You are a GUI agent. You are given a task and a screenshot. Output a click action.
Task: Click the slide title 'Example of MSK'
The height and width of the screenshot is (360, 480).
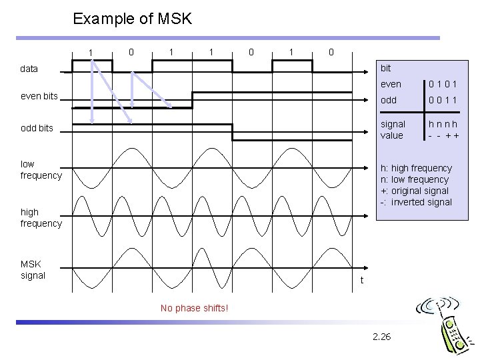point(133,19)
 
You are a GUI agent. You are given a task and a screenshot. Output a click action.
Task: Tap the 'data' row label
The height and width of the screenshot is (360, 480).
point(29,68)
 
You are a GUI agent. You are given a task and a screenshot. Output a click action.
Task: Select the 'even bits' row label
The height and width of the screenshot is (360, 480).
point(39,97)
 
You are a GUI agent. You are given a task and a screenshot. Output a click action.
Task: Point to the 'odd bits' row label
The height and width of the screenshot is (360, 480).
point(37,128)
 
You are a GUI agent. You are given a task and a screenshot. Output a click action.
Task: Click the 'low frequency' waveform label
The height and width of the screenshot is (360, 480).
point(41,169)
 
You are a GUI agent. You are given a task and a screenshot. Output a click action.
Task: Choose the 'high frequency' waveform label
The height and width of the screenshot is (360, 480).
point(41,218)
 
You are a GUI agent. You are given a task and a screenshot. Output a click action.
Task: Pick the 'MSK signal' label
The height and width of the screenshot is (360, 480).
point(33,269)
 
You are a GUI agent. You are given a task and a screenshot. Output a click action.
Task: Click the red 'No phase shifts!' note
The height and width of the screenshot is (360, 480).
point(195,308)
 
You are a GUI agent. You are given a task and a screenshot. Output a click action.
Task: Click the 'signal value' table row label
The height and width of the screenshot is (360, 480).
point(393,129)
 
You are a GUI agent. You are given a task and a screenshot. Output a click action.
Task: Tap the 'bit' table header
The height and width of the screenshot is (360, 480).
point(385,69)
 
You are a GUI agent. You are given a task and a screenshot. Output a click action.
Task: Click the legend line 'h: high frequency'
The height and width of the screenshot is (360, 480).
point(415,168)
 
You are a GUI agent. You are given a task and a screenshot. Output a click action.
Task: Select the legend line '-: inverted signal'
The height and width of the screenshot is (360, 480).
point(415,202)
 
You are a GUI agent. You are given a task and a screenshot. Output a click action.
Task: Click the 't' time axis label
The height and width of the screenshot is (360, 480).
point(361,280)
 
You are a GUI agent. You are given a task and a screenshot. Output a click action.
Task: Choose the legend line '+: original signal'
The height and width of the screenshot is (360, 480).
point(415,191)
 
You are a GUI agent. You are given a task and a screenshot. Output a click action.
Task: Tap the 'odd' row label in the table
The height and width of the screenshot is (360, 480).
point(388,100)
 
